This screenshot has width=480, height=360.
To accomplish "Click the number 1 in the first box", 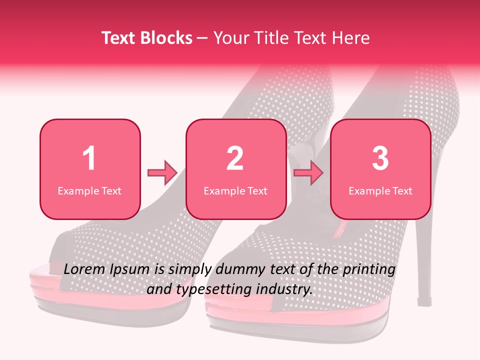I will pos(89,158).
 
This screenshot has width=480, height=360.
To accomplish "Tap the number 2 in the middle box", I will pos(235,158).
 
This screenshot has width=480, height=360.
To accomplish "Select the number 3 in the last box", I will pos(380,158).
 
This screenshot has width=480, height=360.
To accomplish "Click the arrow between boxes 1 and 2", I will pos(162,173).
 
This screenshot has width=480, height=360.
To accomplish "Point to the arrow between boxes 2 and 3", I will pos(308,173).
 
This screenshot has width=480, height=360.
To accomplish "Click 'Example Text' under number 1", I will pos(89,190).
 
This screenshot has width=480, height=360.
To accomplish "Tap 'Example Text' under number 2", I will pos(235,190).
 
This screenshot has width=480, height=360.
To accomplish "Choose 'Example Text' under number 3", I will pos(380,190).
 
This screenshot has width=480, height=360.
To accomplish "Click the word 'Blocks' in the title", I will pos(166,38).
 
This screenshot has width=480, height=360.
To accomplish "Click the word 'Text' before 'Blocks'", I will pos(120,38).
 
